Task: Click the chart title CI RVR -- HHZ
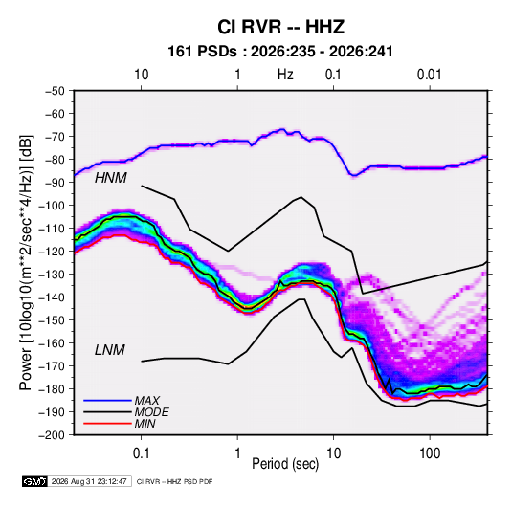[280, 27]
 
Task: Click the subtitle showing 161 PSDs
[280, 52]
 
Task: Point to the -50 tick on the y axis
[55, 91]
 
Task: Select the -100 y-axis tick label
[52, 206]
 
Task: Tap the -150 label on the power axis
[52, 319]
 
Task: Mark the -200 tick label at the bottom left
[52, 434]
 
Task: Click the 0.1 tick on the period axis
[141, 453]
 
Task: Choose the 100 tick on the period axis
[430, 453]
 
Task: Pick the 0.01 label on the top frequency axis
[429, 75]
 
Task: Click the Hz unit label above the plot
[285, 75]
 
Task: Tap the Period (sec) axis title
[285, 464]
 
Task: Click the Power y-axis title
[26, 262]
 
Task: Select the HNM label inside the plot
[111, 178]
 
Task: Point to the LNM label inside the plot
[110, 350]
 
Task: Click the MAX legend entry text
[147, 400]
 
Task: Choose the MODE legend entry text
[151, 412]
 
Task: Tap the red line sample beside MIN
[107, 424]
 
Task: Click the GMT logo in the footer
[35, 481]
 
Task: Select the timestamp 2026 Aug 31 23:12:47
[89, 481]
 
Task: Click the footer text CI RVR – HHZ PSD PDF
[174, 481]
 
